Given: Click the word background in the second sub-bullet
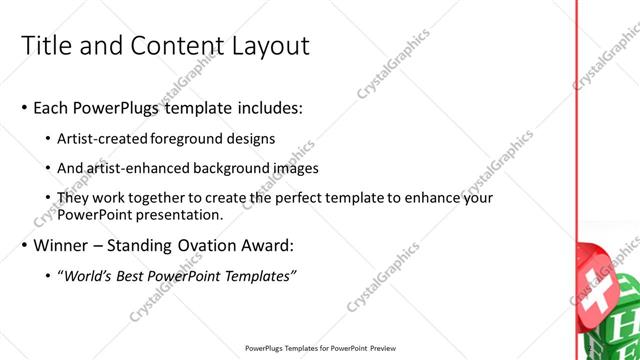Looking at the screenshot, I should [x=232, y=168].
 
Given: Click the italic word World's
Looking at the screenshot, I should [x=87, y=275].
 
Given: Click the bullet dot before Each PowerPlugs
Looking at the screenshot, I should [x=23, y=107].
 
